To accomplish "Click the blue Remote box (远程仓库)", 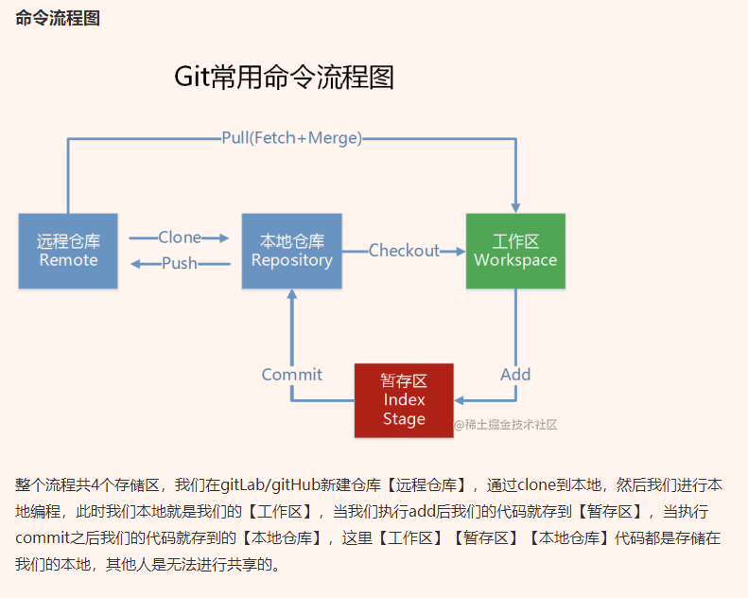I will [x=68, y=251].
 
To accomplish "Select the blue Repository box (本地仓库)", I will [x=291, y=251].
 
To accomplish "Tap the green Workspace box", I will [x=515, y=251].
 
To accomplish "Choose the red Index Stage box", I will [x=404, y=400].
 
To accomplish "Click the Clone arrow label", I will [x=180, y=237].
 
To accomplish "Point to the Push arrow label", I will [x=180, y=263].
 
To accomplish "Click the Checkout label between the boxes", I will [x=404, y=251].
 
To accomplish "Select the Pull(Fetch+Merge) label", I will [x=291, y=138].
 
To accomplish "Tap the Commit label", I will [x=291, y=375].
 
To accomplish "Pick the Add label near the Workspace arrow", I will [x=515, y=375].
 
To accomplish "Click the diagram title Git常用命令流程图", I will [x=284, y=78].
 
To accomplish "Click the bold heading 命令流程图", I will [x=58, y=19].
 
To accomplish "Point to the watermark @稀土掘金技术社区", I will [x=505, y=425].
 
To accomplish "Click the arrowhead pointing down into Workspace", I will [x=515, y=204].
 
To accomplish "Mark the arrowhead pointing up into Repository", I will [x=291, y=296].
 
